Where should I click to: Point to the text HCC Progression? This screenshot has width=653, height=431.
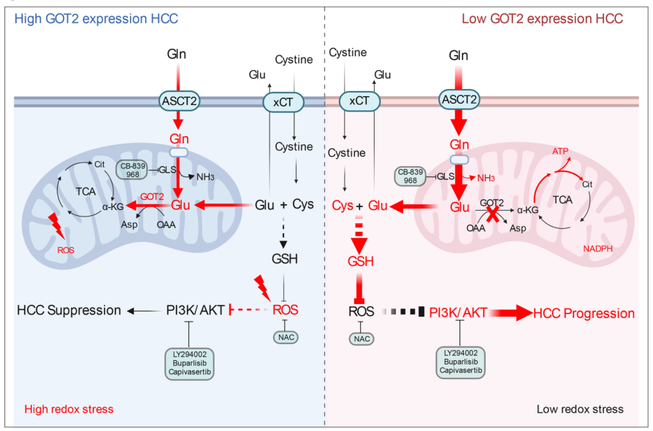[x=584, y=313]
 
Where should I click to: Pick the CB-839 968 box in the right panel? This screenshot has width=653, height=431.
[x=411, y=176]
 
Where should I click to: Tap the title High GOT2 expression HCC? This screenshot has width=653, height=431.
[x=97, y=18]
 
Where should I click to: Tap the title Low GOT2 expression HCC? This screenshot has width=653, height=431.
[x=542, y=18]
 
